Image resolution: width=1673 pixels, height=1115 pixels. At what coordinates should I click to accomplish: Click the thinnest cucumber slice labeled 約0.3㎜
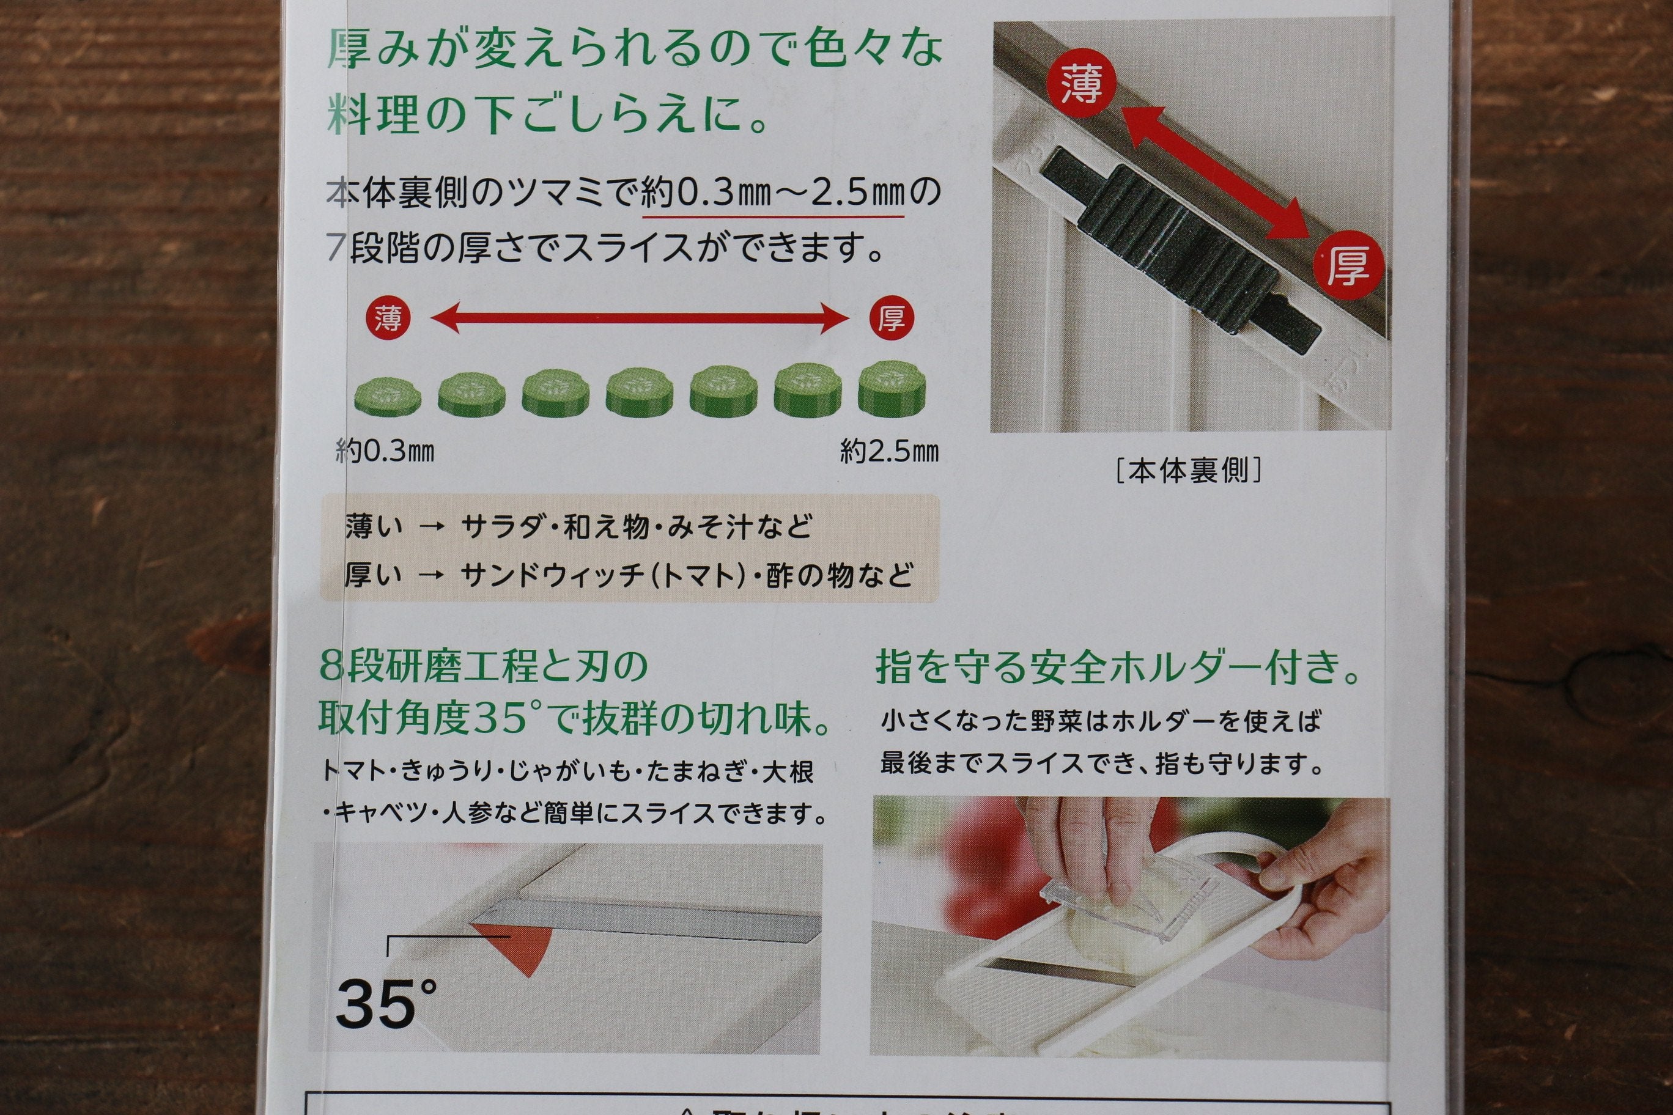(388, 397)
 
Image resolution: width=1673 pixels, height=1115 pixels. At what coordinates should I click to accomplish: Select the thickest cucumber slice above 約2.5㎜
(892, 389)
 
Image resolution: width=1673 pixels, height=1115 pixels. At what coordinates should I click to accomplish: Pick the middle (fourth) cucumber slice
(640, 392)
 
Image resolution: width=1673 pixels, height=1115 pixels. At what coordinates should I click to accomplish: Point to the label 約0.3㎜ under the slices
(385, 451)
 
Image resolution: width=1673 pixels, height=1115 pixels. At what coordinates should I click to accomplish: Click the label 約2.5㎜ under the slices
(889, 451)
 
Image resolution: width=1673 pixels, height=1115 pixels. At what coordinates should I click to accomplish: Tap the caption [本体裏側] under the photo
(1189, 470)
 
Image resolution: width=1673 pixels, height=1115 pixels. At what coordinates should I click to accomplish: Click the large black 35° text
(385, 1003)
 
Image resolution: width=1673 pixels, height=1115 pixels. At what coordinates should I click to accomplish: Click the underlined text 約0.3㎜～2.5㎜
(772, 192)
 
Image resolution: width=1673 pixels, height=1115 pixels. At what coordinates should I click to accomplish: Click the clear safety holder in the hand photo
(1131, 903)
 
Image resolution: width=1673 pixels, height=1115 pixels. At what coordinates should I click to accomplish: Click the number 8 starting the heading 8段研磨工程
(331, 667)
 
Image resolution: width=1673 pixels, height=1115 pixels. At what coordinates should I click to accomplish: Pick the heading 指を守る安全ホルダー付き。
(1117, 668)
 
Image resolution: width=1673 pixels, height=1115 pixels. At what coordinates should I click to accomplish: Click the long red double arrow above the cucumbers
(640, 317)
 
